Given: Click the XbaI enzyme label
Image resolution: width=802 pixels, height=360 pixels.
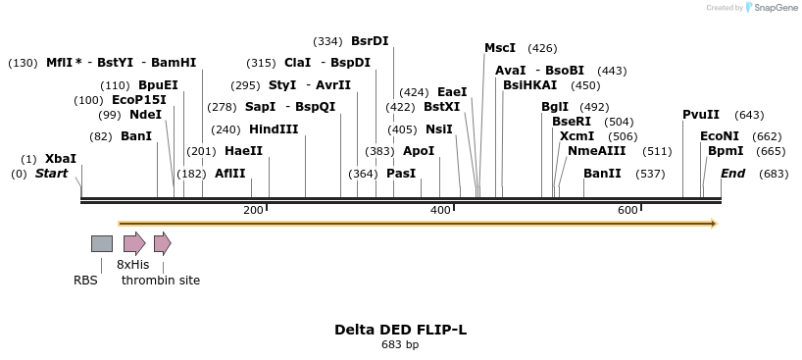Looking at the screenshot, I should (60, 158).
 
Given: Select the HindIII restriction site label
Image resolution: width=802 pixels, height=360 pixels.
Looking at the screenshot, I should (274, 129).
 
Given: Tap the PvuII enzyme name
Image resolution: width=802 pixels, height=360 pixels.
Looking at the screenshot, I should (701, 115).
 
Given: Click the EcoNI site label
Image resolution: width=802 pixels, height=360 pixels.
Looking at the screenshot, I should (720, 136).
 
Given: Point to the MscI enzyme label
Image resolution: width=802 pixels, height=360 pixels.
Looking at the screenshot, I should (500, 48).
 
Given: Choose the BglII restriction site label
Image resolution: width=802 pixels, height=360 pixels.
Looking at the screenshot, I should (555, 107).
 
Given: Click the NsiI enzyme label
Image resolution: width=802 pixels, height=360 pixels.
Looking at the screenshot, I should (438, 129).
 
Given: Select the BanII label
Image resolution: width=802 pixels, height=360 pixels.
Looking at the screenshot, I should (602, 174).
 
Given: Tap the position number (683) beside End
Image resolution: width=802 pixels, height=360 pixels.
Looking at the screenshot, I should (774, 174).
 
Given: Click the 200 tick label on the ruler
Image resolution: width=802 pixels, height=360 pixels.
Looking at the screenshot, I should (253, 211).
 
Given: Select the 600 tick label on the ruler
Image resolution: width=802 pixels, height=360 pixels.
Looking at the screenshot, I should (627, 211).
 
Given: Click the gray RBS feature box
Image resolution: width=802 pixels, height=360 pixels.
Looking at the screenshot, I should (101, 243).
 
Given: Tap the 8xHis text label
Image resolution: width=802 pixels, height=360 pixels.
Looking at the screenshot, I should (132, 265).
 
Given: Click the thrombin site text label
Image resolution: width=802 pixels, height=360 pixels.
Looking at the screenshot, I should (161, 281).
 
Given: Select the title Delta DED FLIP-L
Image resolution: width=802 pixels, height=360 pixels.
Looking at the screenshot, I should (400, 330).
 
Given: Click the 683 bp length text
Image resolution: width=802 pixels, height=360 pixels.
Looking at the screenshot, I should (400, 344).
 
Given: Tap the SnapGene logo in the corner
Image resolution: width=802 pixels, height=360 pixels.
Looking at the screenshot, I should (770, 8).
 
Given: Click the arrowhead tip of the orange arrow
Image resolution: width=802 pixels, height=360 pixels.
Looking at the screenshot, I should (716, 224).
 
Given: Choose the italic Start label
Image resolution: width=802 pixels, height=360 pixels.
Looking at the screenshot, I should (52, 174).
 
